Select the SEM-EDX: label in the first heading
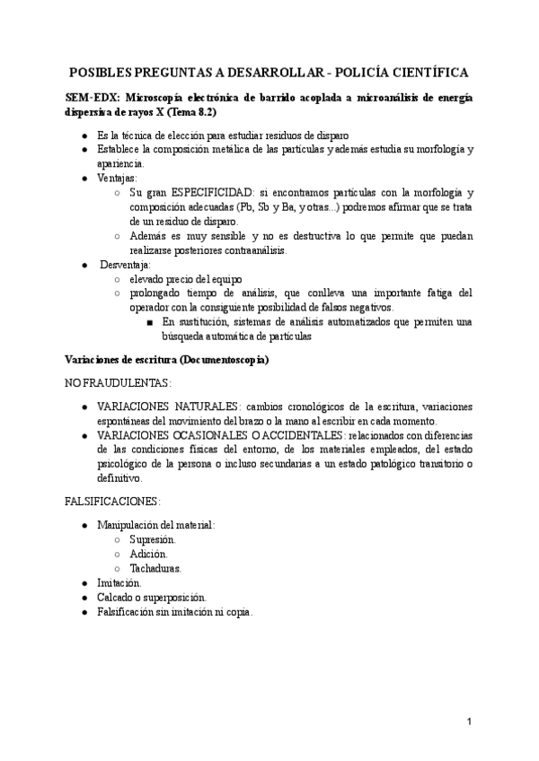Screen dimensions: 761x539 94,98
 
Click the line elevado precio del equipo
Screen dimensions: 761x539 185,279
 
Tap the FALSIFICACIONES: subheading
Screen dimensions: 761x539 112,501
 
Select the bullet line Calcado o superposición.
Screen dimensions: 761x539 152,597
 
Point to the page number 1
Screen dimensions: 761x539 470,722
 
